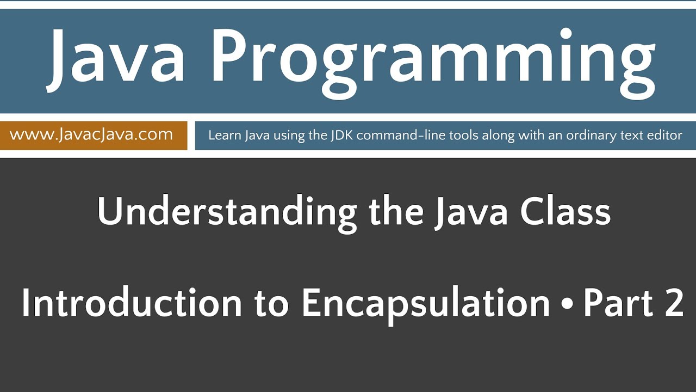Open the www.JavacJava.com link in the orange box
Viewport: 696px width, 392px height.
coord(91,134)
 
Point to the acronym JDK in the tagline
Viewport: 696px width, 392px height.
coord(341,135)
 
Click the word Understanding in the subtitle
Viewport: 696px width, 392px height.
coord(227,213)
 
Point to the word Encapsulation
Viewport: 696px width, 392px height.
coord(426,304)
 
